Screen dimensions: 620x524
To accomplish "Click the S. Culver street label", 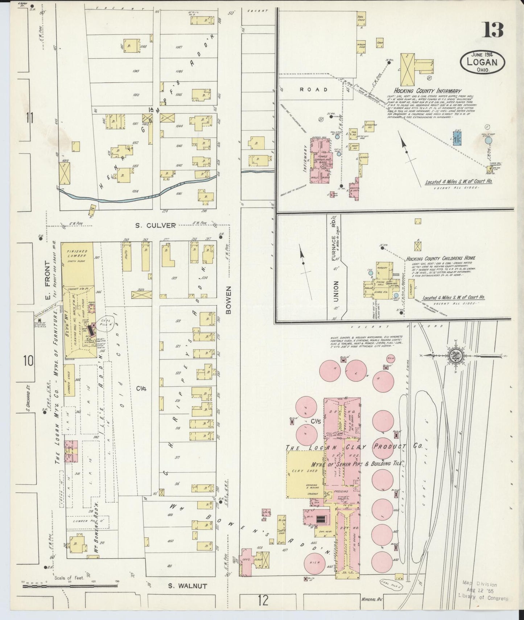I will click(155, 226).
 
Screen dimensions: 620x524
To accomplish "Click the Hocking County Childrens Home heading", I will click(440, 259).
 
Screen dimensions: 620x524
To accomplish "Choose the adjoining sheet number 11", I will click(29, 118).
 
